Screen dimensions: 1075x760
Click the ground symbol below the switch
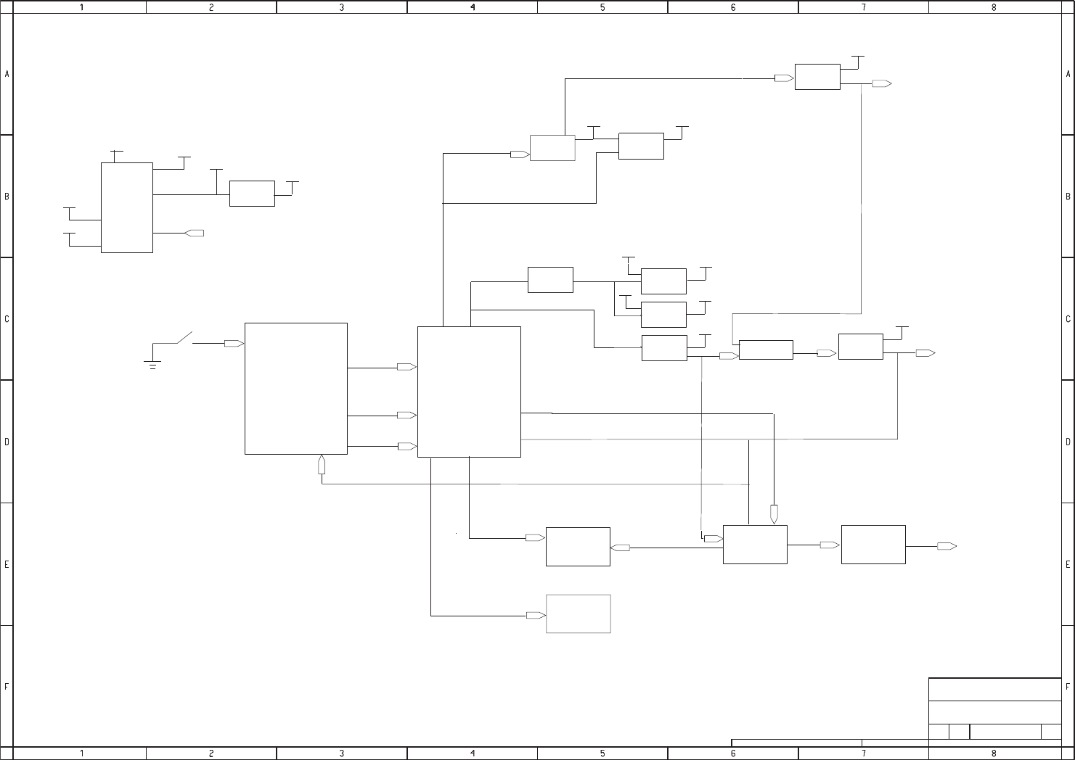152,365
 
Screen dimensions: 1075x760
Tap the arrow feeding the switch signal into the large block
234,343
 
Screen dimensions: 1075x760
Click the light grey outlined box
578,614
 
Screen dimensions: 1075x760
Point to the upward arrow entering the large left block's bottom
322,465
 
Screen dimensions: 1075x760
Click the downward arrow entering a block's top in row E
774,514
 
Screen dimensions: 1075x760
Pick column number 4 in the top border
473,7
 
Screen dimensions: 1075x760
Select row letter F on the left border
7,686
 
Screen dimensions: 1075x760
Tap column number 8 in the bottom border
994,753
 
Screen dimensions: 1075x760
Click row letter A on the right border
1068,74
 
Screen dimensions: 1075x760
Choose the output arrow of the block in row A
882,83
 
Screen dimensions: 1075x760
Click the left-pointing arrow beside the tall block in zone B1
195,233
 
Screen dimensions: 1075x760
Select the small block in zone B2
252,194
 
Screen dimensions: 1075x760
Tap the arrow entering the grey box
536,615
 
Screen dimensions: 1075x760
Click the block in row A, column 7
817,77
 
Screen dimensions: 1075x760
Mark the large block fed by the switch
295,389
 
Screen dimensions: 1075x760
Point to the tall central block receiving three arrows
469,392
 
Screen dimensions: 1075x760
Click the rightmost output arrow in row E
947,546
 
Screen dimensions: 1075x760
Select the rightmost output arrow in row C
925,353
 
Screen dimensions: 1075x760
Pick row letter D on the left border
7,441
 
